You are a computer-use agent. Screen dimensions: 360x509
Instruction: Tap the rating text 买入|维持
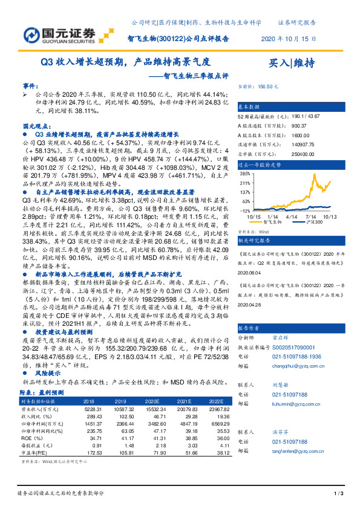[x=292, y=62]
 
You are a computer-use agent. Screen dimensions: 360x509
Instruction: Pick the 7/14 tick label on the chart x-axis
[x=312, y=216]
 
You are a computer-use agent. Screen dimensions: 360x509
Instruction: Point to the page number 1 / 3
[x=338, y=494]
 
